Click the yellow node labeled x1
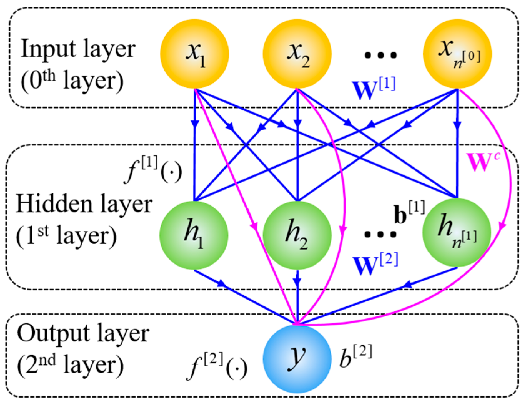coord(194,54)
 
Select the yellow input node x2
coord(297,54)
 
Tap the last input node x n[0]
coord(457,54)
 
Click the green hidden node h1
coord(194,235)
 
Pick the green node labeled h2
coord(297,235)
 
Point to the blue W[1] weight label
coord(373,89)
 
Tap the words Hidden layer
coord(84,204)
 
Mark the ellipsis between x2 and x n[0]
coord(380,55)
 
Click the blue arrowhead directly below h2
coord(297,281)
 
